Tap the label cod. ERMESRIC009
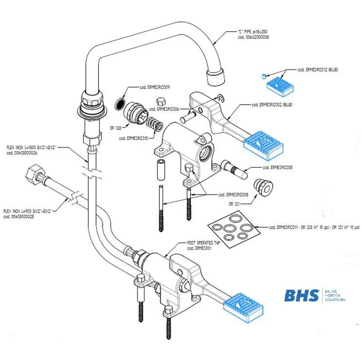pyautogui.click(x=155, y=87)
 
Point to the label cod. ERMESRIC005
pyautogui.click(x=277, y=168)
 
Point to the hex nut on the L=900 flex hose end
pyautogui.click(x=34, y=174)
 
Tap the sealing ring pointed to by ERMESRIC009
pyautogui.click(x=119, y=104)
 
